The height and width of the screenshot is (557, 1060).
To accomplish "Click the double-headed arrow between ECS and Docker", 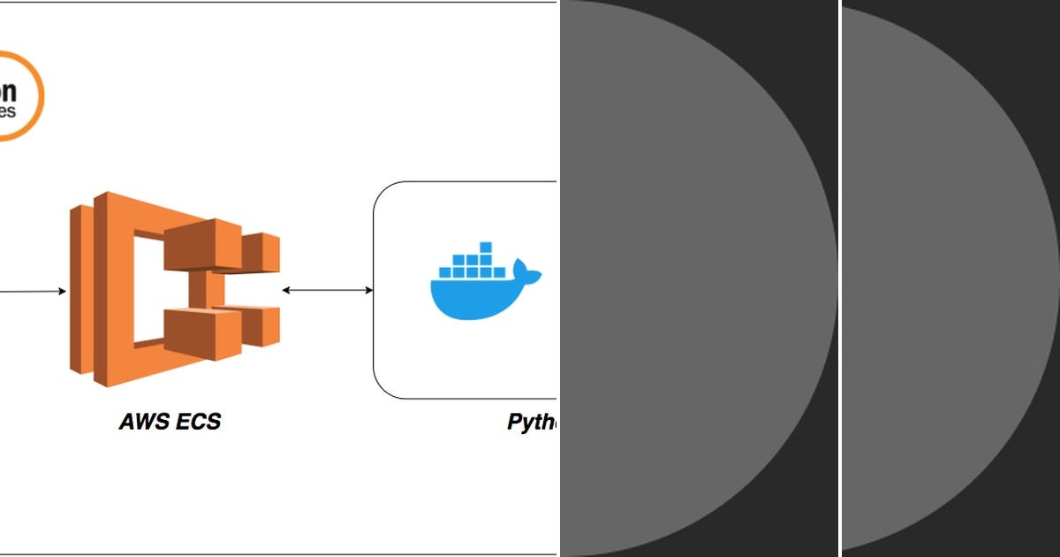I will coord(328,290).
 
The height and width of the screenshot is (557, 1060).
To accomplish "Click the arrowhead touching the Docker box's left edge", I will coord(368,290).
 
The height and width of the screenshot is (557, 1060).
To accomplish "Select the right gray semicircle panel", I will coord(945,278).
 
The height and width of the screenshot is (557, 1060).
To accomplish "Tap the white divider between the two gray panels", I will coord(839,278).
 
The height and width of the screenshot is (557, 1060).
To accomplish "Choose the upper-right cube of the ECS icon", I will coord(261,253).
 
